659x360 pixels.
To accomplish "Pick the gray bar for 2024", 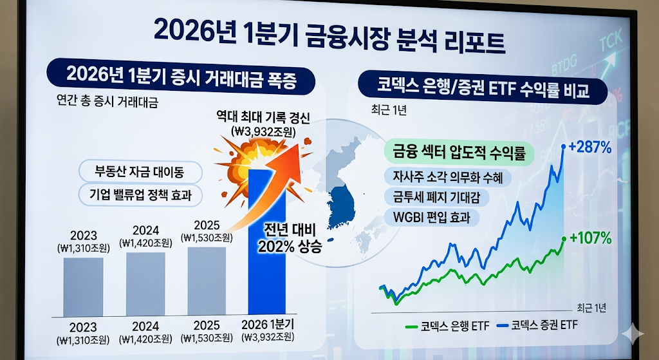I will (x=145, y=283).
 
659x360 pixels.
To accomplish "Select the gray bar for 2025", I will (x=207, y=281).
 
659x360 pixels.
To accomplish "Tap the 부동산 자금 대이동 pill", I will (x=140, y=172).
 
